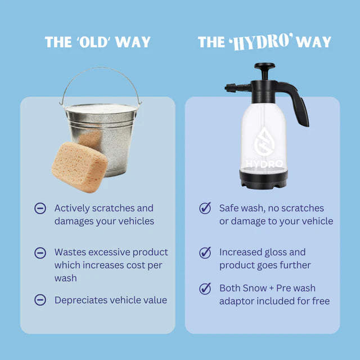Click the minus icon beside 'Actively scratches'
click(40, 208)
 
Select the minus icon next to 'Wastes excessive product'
click(40, 253)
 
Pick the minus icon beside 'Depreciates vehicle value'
click(40, 300)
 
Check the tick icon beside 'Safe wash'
click(205, 208)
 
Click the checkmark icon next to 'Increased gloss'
click(205, 253)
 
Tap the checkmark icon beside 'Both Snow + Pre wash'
click(205, 289)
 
